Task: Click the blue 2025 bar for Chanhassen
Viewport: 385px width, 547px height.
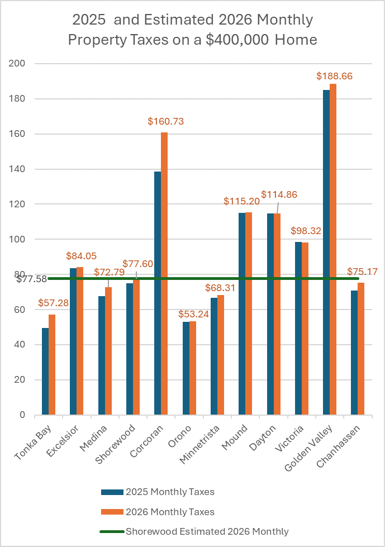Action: coord(354,353)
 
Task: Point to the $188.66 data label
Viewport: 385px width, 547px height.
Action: coord(334,76)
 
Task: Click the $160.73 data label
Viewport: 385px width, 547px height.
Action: coord(165,121)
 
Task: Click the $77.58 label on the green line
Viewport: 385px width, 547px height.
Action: coord(32,279)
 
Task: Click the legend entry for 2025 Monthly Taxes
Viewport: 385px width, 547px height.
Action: coord(158,492)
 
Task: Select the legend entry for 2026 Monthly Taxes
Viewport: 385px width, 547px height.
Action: coord(158,511)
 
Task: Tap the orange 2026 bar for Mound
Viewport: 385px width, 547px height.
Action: coord(249,313)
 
